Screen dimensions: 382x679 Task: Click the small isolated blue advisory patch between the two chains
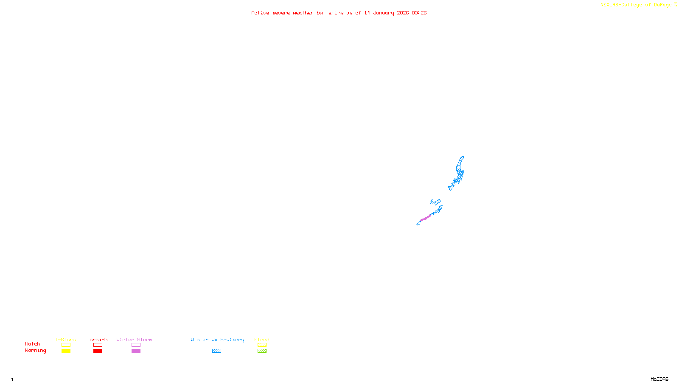[x=435, y=202]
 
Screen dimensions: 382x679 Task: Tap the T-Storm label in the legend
[x=65, y=340]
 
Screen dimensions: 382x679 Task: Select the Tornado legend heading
[x=97, y=340]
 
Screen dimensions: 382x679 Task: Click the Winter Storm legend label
[x=134, y=340]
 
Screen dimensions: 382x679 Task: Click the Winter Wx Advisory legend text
[x=217, y=340]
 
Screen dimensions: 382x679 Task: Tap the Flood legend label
[x=262, y=340]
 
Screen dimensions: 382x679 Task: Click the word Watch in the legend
[x=33, y=344]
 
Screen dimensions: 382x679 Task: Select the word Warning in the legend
[x=35, y=351]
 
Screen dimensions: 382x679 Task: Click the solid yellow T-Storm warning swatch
[x=66, y=351]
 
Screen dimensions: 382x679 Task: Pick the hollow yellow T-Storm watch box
[x=66, y=345]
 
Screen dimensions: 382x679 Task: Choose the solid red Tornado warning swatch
[x=98, y=351]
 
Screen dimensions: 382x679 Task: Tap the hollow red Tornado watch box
[x=98, y=345]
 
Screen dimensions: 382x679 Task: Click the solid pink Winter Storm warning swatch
[x=136, y=351]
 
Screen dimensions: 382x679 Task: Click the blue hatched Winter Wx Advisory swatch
[x=216, y=351]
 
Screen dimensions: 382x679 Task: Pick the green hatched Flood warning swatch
[x=262, y=351]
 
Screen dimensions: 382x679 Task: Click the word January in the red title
[x=384, y=13]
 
